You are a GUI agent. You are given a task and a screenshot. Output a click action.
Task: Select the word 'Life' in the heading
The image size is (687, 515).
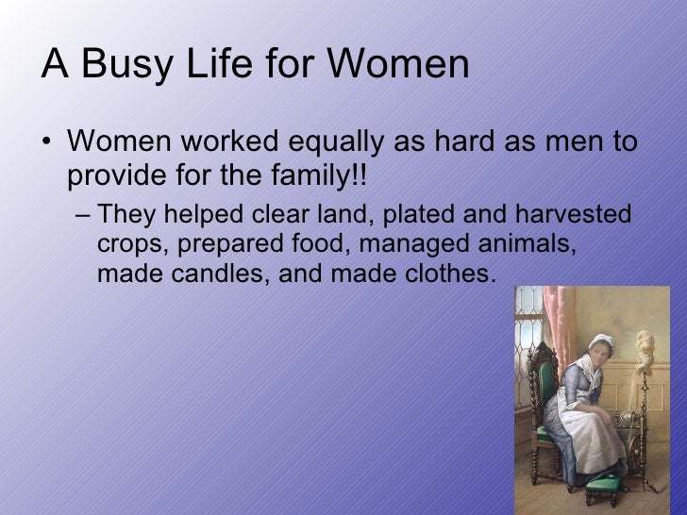click(x=209, y=65)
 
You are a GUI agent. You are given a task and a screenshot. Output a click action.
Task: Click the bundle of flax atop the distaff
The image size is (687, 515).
click(x=648, y=335)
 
